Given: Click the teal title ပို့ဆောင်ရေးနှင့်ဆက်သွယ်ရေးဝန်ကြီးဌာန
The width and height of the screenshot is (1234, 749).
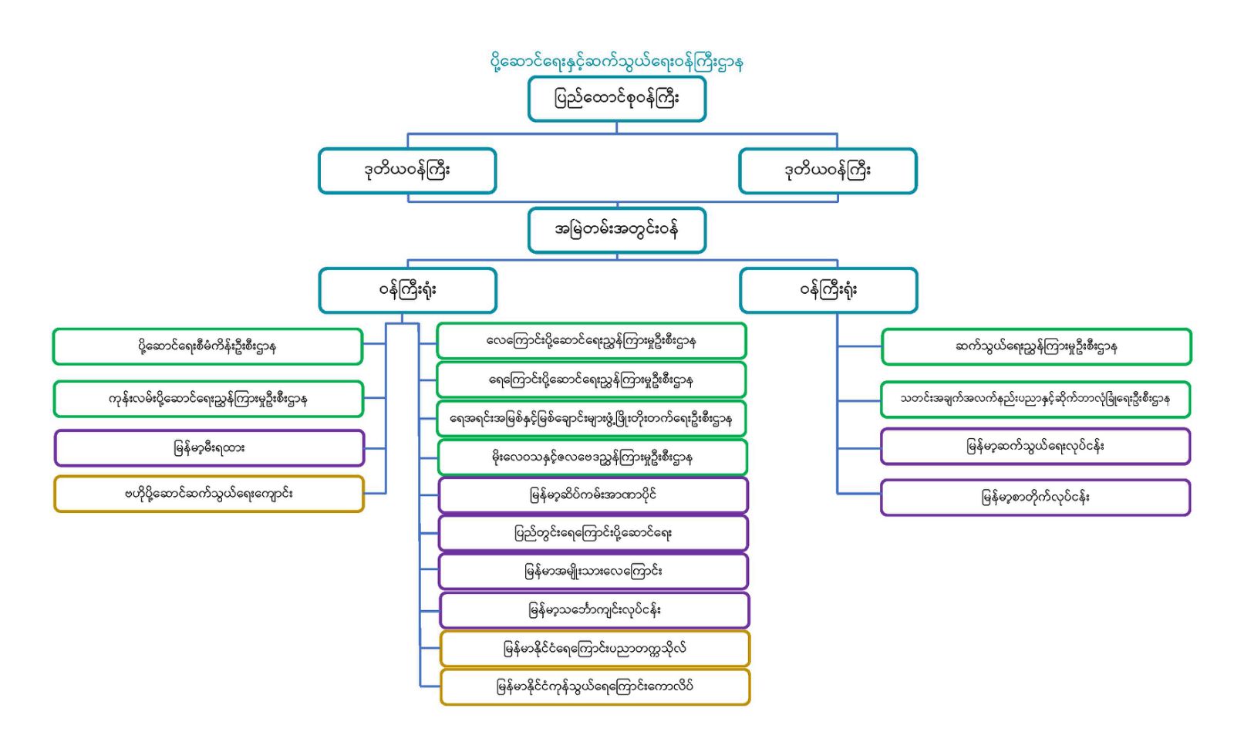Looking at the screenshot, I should pyautogui.click(x=616, y=62).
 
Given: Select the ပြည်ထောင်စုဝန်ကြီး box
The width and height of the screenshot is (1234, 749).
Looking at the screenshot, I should pyautogui.click(x=616, y=99).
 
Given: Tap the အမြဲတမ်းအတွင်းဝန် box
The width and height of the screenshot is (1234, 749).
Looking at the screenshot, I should pyautogui.click(x=616, y=230).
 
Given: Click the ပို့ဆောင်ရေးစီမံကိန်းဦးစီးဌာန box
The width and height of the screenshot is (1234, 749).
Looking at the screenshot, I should pyautogui.click(x=207, y=346).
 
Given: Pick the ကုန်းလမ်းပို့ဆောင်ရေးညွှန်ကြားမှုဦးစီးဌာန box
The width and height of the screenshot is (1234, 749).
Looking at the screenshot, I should pyautogui.click(x=207, y=399).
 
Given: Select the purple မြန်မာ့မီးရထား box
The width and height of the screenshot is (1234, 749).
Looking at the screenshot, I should pyautogui.click(x=209, y=448).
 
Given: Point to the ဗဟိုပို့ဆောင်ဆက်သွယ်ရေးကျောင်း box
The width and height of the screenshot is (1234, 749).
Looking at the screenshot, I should pyautogui.click(x=209, y=494).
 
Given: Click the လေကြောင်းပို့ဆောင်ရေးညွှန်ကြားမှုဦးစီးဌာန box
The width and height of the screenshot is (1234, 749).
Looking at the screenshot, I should pyautogui.click(x=592, y=341).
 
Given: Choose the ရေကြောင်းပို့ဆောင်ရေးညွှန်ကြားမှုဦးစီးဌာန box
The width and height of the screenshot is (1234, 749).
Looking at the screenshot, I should pyautogui.click(x=592, y=380).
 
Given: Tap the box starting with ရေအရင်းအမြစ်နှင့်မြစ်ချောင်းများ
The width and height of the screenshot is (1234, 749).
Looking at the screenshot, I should pyautogui.click(x=592, y=419).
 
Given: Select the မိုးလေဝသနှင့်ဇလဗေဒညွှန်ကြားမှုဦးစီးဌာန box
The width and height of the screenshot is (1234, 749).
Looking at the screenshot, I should pyautogui.click(x=592, y=457).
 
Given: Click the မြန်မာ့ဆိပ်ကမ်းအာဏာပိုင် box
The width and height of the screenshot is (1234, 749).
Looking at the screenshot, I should pyautogui.click(x=593, y=495).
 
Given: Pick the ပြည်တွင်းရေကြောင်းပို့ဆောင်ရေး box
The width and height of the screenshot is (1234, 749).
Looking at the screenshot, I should pyautogui.click(x=593, y=533).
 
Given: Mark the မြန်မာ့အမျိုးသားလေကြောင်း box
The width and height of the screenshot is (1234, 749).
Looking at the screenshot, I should pyautogui.click(x=593, y=572).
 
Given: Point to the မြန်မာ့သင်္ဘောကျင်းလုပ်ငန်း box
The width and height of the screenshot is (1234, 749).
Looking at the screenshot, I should pyautogui.click(x=594, y=610).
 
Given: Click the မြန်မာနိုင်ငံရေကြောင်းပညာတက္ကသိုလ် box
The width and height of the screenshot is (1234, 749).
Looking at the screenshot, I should pyautogui.click(x=595, y=649).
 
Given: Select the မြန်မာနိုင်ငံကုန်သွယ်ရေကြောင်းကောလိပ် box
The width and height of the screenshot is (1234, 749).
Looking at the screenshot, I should pyautogui.click(x=595, y=687).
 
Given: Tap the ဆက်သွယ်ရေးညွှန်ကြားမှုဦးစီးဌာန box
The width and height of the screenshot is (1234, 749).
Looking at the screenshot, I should pyautogui.click(x=1036, y=346).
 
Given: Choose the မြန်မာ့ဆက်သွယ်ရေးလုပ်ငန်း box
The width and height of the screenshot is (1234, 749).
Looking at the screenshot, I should pyautogui.click(x=1035, y=447).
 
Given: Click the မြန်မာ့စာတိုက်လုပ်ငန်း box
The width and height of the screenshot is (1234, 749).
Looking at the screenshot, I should pyautogui.click(x=1035, y=498).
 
